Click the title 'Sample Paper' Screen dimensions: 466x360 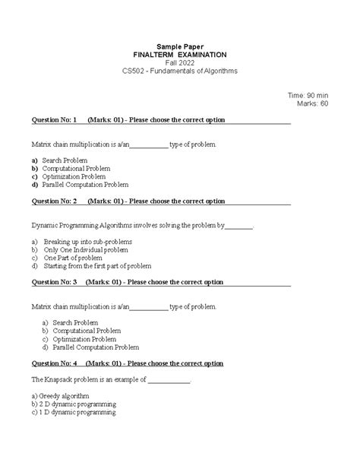(x=179, y=46)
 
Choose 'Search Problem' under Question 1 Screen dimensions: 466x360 (x=65, y=160)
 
